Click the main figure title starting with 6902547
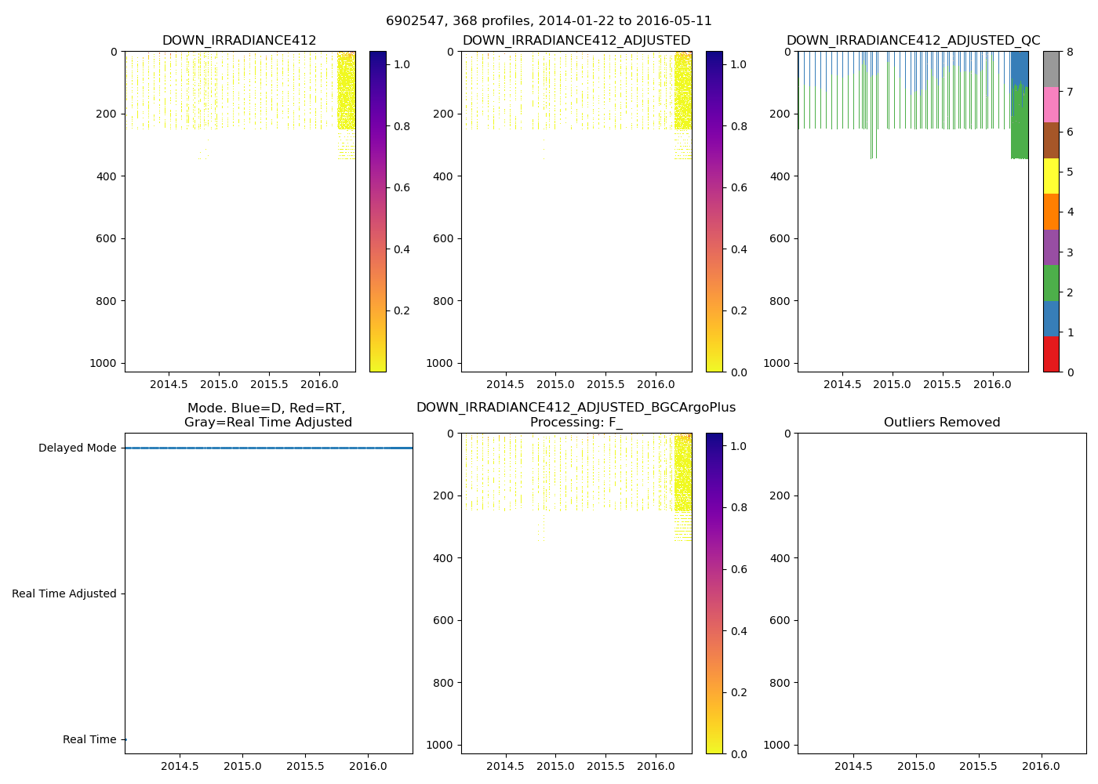tap(549, 21)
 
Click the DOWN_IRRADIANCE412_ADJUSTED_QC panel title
tap(913, 41)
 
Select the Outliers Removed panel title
tap(942, 423)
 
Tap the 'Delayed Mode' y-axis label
tap(77, 448)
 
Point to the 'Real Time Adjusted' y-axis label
tap(64, 594)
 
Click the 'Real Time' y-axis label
tap(89, 740)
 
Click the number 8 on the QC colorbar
tap(1069, 52)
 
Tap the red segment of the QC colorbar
tap(1051, 354)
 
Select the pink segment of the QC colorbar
tap(1051, 104)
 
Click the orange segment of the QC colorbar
tap(1051, 212)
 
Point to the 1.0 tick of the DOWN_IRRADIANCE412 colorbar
tap(402, 64)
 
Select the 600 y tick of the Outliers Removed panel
tap(780, 620)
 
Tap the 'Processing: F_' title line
tap(576, 423)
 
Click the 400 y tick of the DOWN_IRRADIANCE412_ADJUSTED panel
tap(443, 176)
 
